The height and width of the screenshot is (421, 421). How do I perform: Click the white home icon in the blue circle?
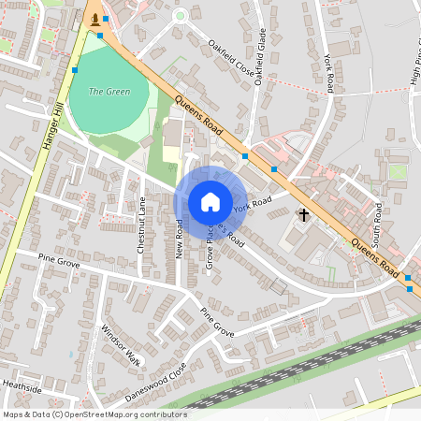[x=210, y=201]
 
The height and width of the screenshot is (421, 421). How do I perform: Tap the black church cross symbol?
[x=303, y=215]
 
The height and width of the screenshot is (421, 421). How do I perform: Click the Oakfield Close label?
[x=230, y=57]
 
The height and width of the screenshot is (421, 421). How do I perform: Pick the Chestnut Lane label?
[x=141, y=225]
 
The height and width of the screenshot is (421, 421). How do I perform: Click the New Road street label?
[x=179, y=238]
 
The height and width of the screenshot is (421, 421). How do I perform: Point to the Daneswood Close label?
[x=156, y=382]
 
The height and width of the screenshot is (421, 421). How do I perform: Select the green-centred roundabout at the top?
[x=180, y=15]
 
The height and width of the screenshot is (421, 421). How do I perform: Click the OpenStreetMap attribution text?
[x=94, y=414]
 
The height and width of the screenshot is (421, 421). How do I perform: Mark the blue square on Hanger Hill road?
[x=75, y=69]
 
